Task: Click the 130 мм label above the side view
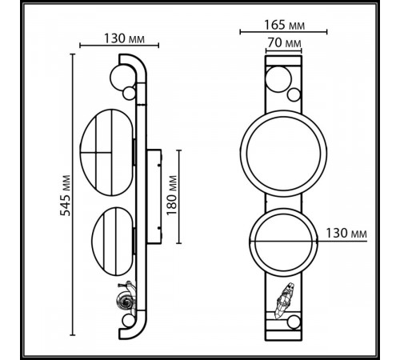123,38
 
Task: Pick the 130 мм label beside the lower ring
349,233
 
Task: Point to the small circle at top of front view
278,79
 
